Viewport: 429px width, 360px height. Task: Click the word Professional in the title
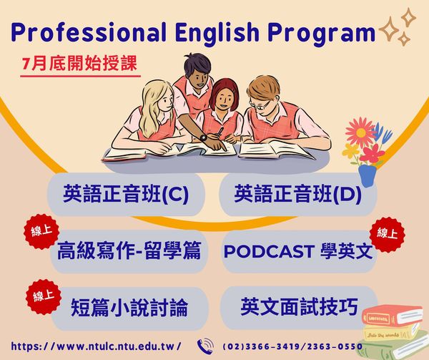(89, 32)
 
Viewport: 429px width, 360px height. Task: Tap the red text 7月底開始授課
(79, 64)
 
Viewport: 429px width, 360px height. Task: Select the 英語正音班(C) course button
(126, 194)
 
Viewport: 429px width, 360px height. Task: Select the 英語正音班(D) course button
(297, 194)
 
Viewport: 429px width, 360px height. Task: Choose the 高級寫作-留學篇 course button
(129, 251)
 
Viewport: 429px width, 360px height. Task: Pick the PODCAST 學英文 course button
(298, 251)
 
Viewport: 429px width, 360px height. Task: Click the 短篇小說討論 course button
(129, 308)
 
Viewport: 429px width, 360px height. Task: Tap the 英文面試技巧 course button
(298, 308)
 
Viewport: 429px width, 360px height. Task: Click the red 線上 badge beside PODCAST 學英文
(387, 234)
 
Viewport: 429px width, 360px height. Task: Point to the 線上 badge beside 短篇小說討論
(43, 297)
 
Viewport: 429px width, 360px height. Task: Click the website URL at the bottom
(96, 346)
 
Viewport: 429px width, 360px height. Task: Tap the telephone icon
(205, 346)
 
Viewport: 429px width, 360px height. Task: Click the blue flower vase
(368, 175)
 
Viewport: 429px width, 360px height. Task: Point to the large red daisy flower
(361, 132)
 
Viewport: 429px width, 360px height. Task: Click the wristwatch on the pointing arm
(203, 137)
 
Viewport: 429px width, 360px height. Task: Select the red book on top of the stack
(391, 316)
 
